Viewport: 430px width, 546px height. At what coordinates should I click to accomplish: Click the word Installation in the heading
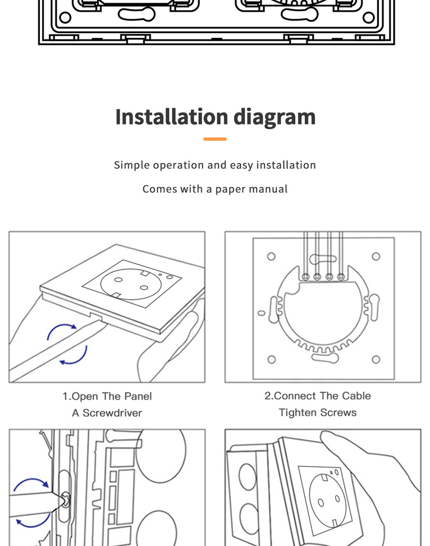(172, 117)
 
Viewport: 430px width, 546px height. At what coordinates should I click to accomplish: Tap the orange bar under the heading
(215, 139)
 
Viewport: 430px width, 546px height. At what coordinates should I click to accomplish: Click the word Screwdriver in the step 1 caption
(112, 413)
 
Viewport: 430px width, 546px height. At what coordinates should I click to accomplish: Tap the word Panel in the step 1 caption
(138, 396)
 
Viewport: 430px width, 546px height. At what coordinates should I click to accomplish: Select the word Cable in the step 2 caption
(356, 396)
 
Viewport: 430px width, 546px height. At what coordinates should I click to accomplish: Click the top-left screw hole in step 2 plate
(271, 256)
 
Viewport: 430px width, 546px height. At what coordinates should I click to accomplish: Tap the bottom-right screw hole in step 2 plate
(376, 359)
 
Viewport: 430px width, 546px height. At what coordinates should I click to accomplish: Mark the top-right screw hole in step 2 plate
(376, 256)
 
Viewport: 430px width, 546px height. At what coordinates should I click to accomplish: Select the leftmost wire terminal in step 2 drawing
(305, 277)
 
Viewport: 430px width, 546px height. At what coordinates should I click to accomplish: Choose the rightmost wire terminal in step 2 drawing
(342, 277)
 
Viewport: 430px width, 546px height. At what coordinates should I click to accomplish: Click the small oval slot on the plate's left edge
(262, 313)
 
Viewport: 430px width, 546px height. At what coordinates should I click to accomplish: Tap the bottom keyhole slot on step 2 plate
(325, 358)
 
